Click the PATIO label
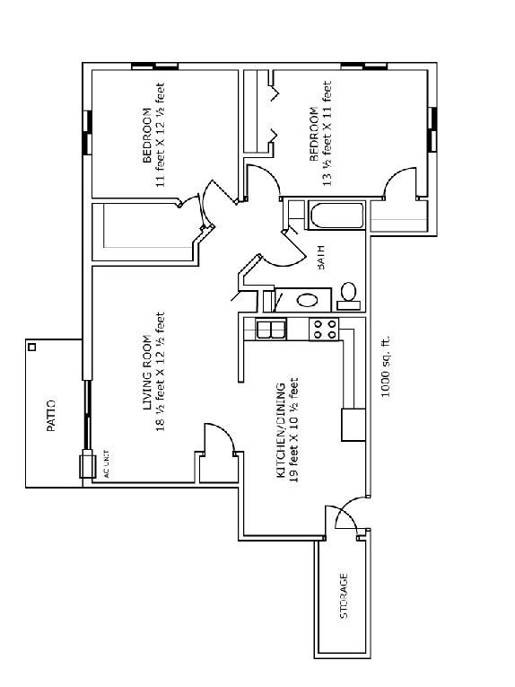tap(51, 416)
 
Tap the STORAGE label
tap(344, 596)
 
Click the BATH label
tap(320, 257)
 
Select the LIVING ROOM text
tap(147, 373)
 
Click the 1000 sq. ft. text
tap(385, 366)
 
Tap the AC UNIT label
tap(106, 463)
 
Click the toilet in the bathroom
tap(349, 296)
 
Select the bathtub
tap(336, 215)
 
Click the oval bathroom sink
tap(308, 300)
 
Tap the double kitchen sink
tap(271, 330)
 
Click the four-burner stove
tap(324, 330)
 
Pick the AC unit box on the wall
tap(88, 464)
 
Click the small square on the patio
tap(32, 347)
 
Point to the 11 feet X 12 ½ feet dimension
tap(160, 135)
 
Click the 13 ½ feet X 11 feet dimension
tap(327, 133)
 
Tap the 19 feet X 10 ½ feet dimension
tap(294, 430)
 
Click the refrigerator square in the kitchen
tap(354, 425)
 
